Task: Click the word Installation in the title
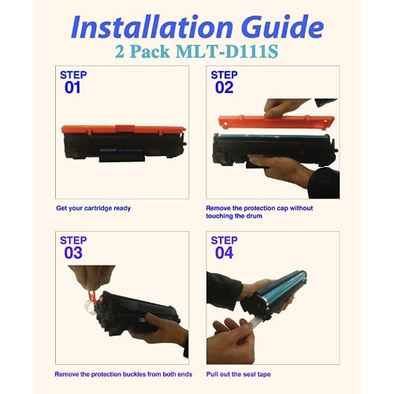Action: (152, 27)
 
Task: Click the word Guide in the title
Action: (283, 26)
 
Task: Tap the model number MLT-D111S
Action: (227, 51)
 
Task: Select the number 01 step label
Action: (72, 87)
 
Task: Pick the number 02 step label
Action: (224, 87)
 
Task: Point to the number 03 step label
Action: (73, 253)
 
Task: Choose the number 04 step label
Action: (224, 253)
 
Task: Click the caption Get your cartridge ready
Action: (93, 208)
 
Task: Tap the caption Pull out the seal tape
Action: (238, 374)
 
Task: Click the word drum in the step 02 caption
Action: (255, 216)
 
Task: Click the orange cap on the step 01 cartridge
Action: (124, 129)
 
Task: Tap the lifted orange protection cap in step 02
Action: (277, 122)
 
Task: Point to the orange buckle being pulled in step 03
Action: (94, 298)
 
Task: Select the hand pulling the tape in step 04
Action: (230, 341)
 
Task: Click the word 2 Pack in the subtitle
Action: (143, 51)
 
